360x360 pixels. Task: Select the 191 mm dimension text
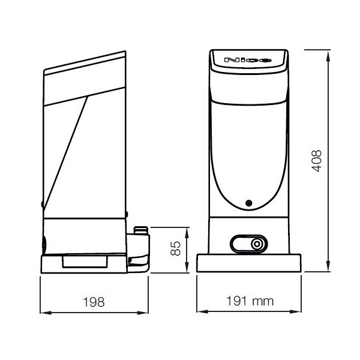(x=248, y=302)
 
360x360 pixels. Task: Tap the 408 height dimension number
(x=319, y=160)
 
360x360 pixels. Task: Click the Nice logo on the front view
(x=248, y=61)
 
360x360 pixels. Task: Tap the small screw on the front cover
(x=248, y=202)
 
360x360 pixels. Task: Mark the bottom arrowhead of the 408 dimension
(x=329, y=270)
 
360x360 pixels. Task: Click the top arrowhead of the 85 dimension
(x=187, y=230)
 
